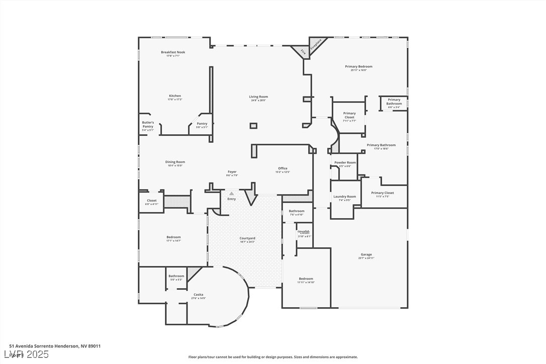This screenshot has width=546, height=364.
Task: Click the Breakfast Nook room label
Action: click(x=173, y=52)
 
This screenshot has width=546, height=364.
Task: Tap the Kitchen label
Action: click(x=175, y=96)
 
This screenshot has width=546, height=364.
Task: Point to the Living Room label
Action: click(x=258, y=97)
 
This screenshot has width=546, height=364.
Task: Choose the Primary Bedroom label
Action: click(x=358, y=67)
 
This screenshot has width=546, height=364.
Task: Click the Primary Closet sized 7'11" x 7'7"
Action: click(x=349, y=116)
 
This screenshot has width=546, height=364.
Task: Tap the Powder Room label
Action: click(x=345, y=163)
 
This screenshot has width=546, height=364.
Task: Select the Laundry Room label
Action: click(x=344, y=197)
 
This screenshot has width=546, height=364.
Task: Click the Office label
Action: click(x=283, y=168)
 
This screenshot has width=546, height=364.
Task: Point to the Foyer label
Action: click(x=231, y=172)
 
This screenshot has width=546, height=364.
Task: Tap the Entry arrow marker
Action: click(x=231, y=193)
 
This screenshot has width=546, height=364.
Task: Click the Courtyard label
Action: click(x=247, y=238)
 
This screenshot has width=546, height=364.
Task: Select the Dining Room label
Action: click(x=175, y=162)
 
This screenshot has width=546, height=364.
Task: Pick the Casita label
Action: click(x=198, y=295)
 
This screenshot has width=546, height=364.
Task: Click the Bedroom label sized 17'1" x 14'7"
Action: click(x=173, y=237)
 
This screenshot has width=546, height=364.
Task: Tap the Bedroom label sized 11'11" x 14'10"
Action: click(x=306, y=279)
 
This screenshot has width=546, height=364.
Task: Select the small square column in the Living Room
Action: click(x=253, y=125)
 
